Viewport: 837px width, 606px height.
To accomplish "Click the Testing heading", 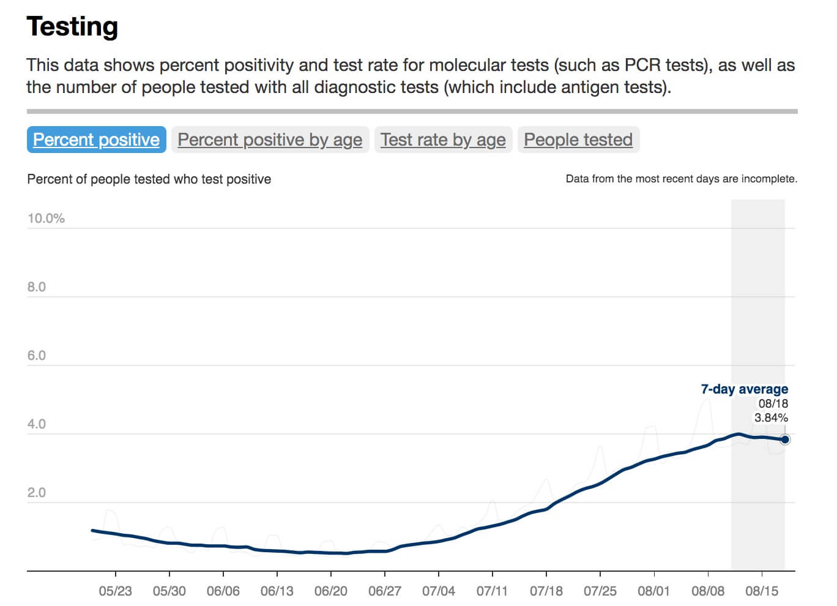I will (72, 27).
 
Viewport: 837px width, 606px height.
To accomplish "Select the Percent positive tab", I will (96, 140).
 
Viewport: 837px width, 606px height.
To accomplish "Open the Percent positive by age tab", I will (270, 140).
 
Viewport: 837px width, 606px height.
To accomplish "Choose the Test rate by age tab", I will (443, 140).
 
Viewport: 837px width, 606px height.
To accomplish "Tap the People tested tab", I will (578, 140).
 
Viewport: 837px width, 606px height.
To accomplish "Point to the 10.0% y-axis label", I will (46, 219).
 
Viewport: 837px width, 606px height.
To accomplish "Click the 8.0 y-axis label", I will (37, 287).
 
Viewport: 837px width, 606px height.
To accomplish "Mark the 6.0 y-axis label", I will (37, 356).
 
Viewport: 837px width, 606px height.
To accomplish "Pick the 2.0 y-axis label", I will (37, 493).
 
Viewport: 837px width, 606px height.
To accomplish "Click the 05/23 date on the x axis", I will (116, 591).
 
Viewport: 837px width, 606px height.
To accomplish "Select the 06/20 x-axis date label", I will (331, 591).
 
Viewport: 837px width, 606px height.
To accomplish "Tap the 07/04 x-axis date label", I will (439, 591).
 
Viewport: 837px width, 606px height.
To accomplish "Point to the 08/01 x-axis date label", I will (654, 591).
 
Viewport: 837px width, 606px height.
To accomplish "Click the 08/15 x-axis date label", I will (762, 591).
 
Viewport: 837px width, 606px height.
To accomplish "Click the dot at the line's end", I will (785, 440).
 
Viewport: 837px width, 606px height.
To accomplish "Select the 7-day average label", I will (744, 389).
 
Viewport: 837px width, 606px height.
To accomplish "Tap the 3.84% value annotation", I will (771, 418).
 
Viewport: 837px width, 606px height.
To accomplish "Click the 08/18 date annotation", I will (773, 404).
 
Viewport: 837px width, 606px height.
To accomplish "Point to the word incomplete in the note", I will (768, 179).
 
